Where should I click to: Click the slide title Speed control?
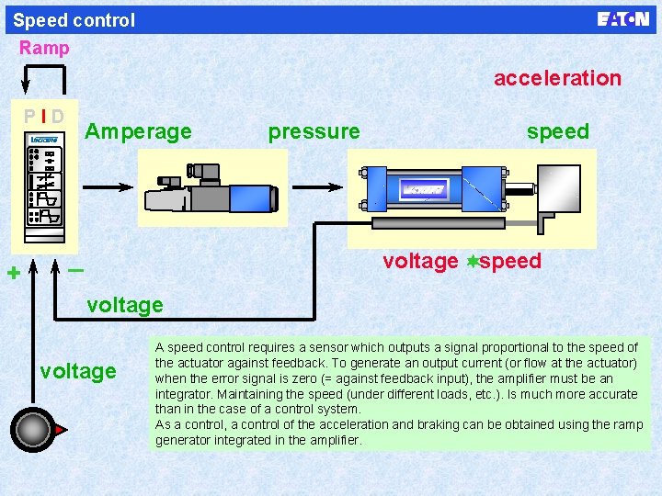click(74, 20)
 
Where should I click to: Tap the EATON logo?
click(622, 19)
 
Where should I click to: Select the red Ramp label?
click(44, 48)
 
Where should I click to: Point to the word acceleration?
click(557, 78)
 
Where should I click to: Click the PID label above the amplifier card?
click(44, 117)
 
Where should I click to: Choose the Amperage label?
click(138, 131)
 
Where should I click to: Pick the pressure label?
click(314, 131)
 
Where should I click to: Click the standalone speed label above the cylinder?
click(557, 131)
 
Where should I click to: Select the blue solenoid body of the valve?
click(251, 197)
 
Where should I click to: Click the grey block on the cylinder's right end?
click(558, 189)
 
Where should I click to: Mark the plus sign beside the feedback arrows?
click(13, 273)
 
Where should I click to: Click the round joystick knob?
click(34, 429)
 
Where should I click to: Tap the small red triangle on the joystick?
click(60, 429)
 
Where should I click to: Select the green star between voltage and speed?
click(472, 262)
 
